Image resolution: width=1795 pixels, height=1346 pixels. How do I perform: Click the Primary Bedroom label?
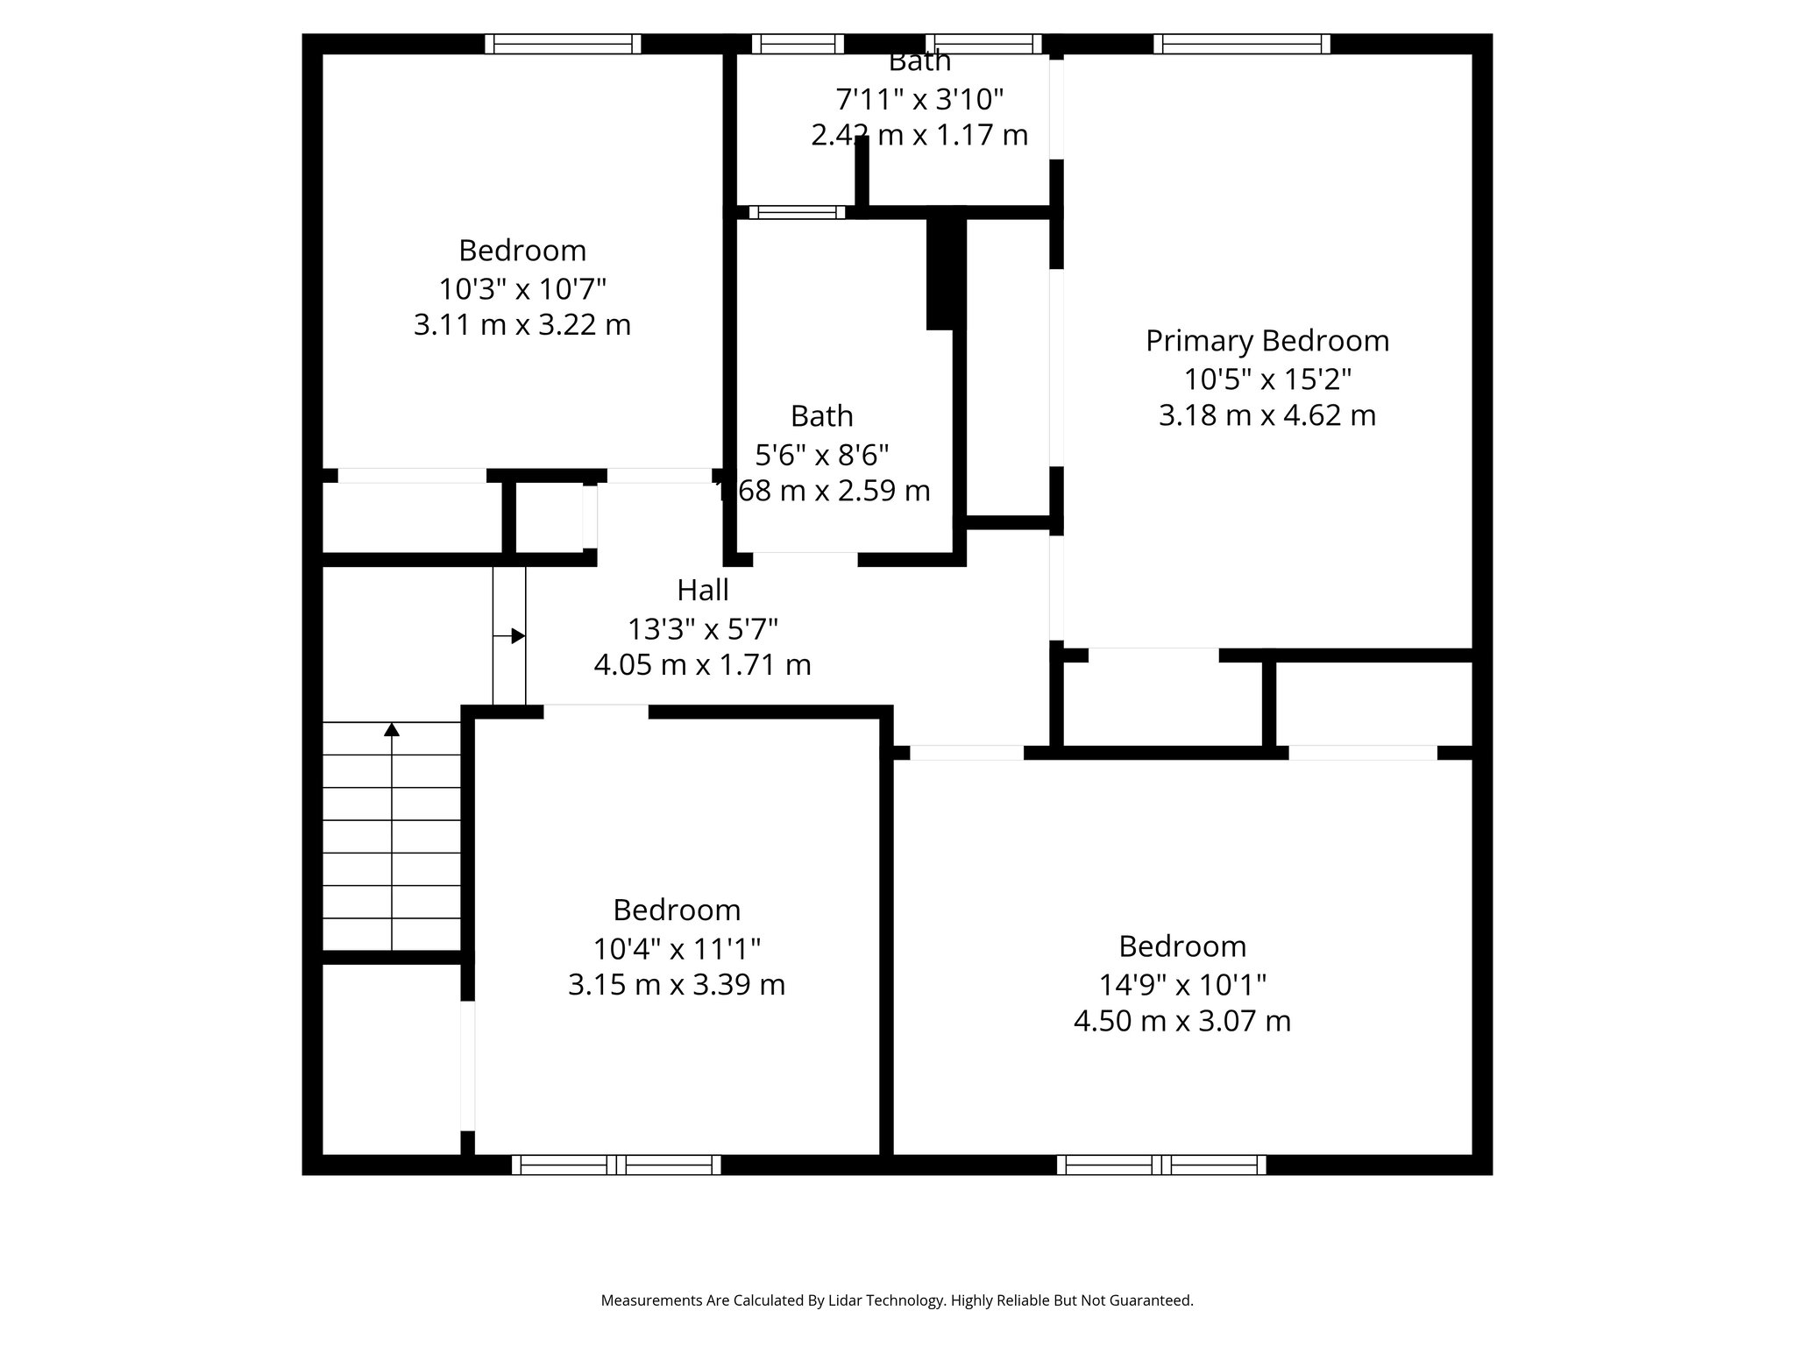pos(1266,341)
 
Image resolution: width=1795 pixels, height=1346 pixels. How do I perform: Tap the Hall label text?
pos(703,591)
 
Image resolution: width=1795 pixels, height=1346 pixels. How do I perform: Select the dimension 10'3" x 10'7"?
pos(522,288)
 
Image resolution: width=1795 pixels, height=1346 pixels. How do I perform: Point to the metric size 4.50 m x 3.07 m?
pos(1181,1021)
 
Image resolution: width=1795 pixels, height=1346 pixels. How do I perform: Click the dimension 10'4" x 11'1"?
pos(677,948)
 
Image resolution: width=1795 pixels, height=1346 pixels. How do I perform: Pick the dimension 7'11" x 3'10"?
pos(919,100)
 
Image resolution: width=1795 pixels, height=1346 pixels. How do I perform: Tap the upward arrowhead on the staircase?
pos(392,729)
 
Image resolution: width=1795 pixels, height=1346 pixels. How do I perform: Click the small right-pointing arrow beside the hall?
pos(517,636)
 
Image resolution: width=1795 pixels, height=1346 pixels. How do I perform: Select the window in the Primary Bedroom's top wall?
pos(1241,44)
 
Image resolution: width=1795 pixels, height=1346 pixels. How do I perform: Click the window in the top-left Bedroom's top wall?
pos(563,44)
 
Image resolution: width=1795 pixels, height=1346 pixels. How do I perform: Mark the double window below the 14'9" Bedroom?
pos(1161,1165)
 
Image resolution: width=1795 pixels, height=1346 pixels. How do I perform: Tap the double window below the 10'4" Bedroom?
pos(616,1165)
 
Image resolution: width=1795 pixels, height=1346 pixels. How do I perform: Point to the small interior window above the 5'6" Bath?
pos(797,212)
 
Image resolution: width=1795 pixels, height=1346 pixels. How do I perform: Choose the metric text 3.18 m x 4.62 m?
pos(1266,414)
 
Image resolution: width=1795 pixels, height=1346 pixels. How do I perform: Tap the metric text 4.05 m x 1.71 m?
pos(702,665)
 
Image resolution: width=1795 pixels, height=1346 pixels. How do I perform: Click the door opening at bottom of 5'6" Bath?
pos(805,559)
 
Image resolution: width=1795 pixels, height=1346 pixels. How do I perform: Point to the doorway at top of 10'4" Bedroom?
pos(596,712)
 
